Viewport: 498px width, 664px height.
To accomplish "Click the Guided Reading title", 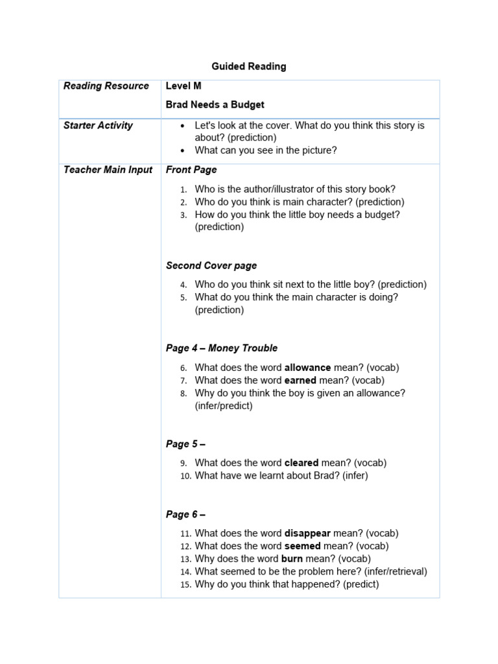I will click(x=248, y=66).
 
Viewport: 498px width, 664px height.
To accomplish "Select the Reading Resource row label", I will click(x=106, y=86).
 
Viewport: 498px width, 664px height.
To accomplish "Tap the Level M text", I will click(x=184, y=86).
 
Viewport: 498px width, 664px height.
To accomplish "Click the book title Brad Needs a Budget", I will click(x=215, y=104).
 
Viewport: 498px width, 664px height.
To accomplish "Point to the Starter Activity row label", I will click(x=98, y=126).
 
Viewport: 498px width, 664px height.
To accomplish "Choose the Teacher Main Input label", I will click(x=108, y=170).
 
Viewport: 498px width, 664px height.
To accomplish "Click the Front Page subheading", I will click(x=191, y=170).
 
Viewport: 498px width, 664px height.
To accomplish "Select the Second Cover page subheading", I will click(x=211, y=265).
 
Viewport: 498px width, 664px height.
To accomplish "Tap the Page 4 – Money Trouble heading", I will click(x=221, y=348).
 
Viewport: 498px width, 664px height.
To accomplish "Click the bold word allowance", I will click(x=307, y=368).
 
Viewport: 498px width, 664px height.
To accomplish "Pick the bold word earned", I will click(x=302, y=381).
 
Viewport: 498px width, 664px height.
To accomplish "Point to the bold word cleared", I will click(x=302, y=463).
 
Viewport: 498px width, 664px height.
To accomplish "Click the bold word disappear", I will click(x=308, y=533).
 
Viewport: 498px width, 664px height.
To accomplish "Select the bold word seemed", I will click(x=303, y=546).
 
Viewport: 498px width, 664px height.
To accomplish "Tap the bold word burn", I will click(x=292, y=558).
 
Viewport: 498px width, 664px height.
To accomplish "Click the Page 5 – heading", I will click(x=185, y=444).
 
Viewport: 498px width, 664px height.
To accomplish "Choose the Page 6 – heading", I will click(x=185, y=514).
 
